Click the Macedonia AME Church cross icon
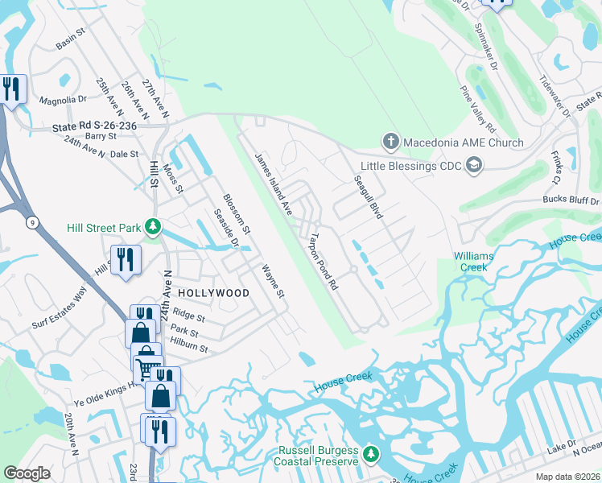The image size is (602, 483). (x=390, y=142)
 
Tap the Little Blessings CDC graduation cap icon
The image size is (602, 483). (x=475, y=166)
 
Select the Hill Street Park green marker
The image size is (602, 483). (x=151, y=229)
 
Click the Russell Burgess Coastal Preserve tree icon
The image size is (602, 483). (x=370, y=455)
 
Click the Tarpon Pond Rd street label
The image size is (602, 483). (x=321, y=262)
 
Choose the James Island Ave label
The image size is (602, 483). (x=273, y=183)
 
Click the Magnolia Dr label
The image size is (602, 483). (x=63, y=100)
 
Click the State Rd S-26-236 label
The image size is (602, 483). (x=94, y=126)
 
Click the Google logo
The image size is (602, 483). (x=27, y=473)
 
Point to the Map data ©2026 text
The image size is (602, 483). (x=569, y=477)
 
